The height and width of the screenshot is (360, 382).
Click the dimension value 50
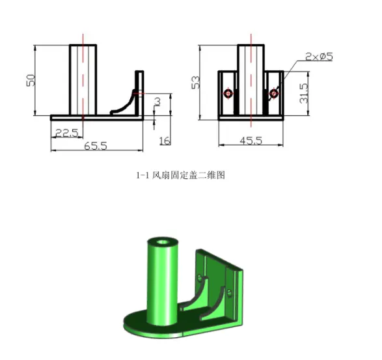click(29, 80)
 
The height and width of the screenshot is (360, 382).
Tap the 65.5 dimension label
click(96, 146)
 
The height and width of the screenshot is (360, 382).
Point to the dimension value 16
click(164, 141)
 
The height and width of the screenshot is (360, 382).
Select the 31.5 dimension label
click(302, 95)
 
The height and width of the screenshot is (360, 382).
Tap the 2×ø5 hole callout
click(318, 57)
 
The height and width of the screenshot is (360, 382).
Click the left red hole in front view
click(228, 94)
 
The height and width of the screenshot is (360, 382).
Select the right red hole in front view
click(274, 94)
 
